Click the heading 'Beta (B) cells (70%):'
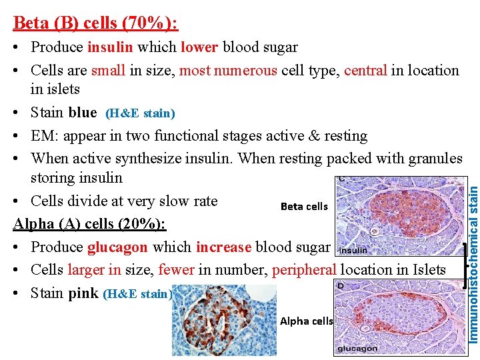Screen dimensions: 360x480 pos(95,23)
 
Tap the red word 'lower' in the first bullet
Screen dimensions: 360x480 pos(199,47)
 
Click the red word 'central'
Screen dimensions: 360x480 pos(365,71)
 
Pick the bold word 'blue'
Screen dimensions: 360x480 pos(82,113)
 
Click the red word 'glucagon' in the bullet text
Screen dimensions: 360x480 pos(117,247)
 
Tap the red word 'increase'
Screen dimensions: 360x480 pos(223,247)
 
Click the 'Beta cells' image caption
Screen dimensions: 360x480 pos(304,207)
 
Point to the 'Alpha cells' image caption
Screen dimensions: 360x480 pos(306,321)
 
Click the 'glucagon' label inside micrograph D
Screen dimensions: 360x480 pos(357,349)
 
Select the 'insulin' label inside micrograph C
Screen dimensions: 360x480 pos(353,251)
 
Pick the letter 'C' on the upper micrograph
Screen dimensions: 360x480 pos(341,179)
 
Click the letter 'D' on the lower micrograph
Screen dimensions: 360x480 pos(341,285)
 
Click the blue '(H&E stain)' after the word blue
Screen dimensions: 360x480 pos(140,113)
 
